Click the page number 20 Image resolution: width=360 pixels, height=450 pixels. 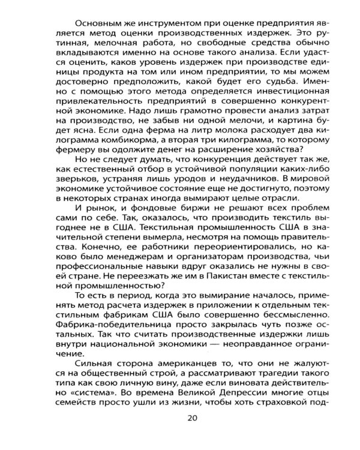[x=192, y=418]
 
